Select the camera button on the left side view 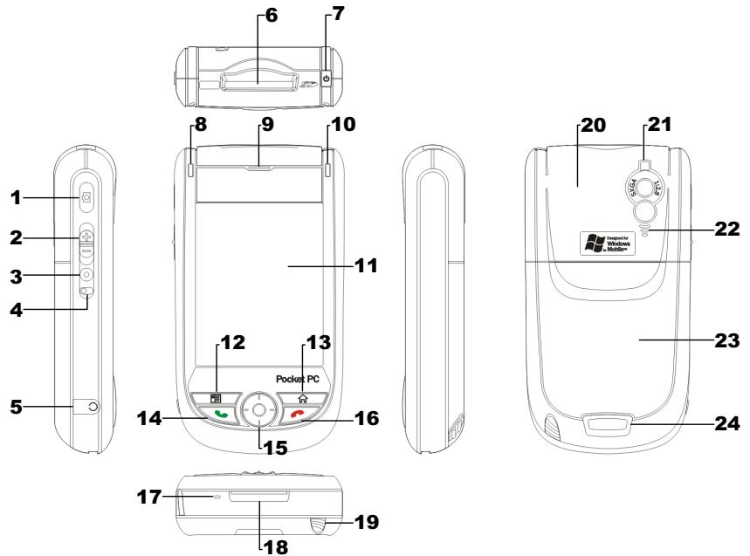(x=86, y=198)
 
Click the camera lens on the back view (x=643, y=184)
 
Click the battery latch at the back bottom (x=609, y=425)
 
